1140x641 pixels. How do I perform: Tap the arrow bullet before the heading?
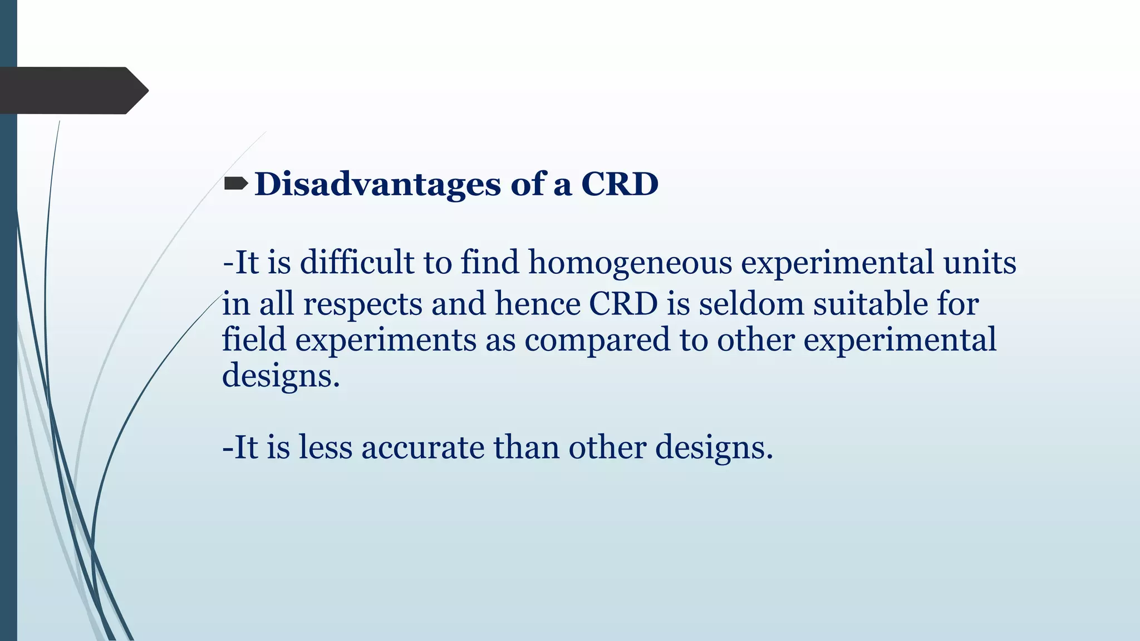coord(236,183)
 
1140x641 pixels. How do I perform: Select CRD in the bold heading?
coord(620,184)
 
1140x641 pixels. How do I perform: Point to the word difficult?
coord(357,262)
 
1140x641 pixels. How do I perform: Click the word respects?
coord(362,305)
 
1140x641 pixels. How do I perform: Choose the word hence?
coord(538,304)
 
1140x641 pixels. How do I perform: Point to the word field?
coord(254,339)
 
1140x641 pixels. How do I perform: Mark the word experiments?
coord(385,341)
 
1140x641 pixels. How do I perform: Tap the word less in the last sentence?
coord(326,447)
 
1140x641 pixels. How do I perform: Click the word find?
coord(490,262)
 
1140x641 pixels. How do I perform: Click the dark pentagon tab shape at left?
coord(67,90)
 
